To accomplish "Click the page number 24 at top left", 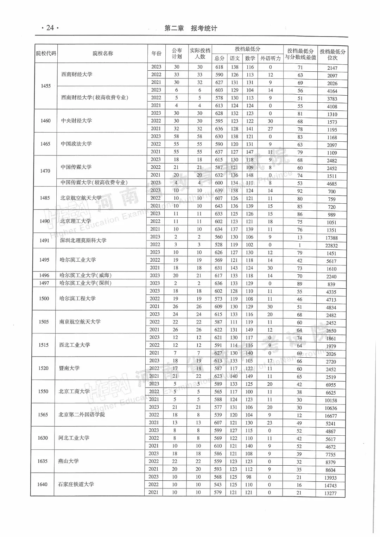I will tap(50, 28).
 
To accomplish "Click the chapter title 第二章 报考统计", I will tap(191, 28).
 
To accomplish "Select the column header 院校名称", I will tap(103, 53).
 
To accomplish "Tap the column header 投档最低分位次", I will tap(332, 55).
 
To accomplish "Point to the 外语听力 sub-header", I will tap(270, 58).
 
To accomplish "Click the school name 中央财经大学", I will tap(76, 121).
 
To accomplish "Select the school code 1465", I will tap(45, 144).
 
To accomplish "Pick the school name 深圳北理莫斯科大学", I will tap(83, 241).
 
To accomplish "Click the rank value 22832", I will tap(331, 246).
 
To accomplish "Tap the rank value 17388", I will tap(331, 238).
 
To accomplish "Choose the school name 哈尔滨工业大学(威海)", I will tap(85, 275).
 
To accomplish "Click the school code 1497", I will tap(44, 283).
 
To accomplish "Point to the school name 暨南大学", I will tap(69, 368).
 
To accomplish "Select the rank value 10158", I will tap(331, 401).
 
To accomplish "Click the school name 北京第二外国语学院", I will tap(82, 415).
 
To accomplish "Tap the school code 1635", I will tap(43, 461).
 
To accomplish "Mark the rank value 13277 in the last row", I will tap(330, 493).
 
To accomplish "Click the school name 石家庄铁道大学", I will tap(76, 484).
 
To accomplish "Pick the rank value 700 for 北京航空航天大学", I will tap(331, 192).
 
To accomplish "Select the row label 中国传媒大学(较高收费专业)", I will tap(94, 183).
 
